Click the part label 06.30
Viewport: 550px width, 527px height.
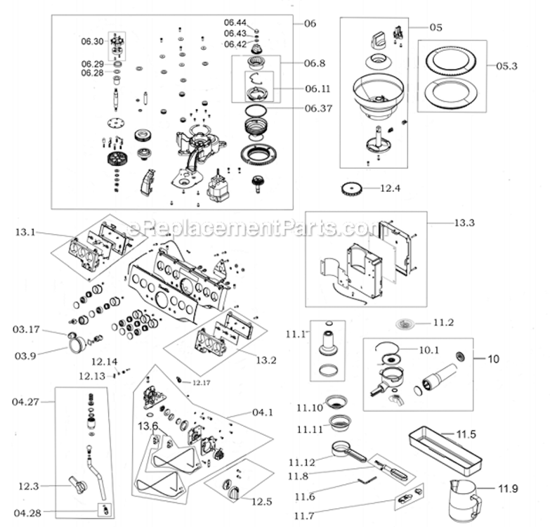pyautogui.click(x=92, y=41)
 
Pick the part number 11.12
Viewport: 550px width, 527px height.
pyautogui.click(x=302, y=462)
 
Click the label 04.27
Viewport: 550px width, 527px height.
pyautogui.click(x=25, y=402)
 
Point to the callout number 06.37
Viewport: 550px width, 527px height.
pyautogui.click(x=318, y=108)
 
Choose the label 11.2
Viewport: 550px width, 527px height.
pyautogui.click(x=444, y=323)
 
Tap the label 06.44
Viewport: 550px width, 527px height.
pyautogui.click(x=236, y=22)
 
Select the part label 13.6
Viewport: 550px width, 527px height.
pyautogui.click(x=148, y=426)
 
